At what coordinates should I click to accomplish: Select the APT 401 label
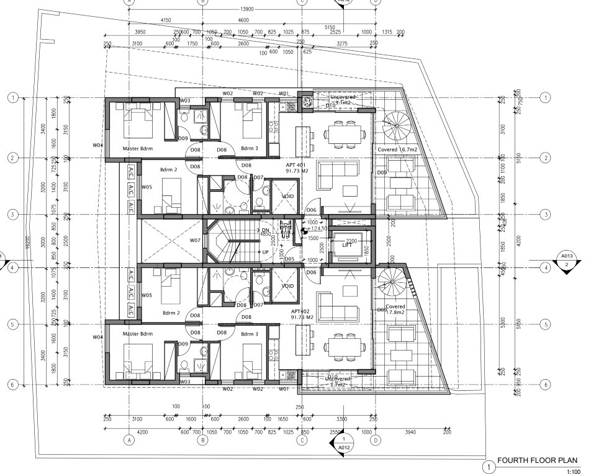[x=297, y=164]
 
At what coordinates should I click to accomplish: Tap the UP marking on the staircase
[x=265, y=253]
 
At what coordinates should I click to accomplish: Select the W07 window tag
[x=195, y=240]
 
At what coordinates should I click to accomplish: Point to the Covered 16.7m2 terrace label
[x=397, y=150]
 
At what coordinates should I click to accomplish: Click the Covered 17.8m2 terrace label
[x=395, y=310]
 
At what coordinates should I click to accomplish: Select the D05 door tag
[x=289, y=259]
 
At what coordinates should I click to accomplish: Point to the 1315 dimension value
[x=387, y=32]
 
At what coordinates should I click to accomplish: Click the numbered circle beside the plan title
[x=490, y=466]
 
